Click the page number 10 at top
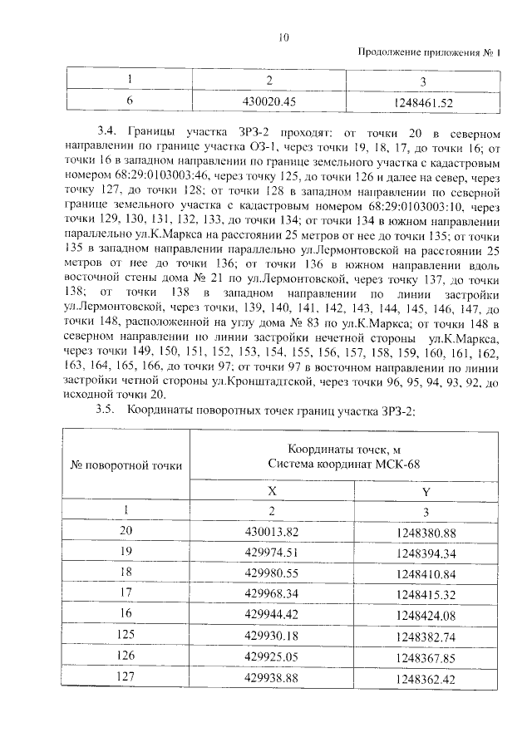(283, 37)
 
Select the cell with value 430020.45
(268, 102)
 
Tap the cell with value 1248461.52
(424, 103)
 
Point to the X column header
(271, 491)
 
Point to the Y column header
(426, 491)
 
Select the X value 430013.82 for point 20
(271, 531)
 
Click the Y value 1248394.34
(426, 552)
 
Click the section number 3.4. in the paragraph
(109, 132)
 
